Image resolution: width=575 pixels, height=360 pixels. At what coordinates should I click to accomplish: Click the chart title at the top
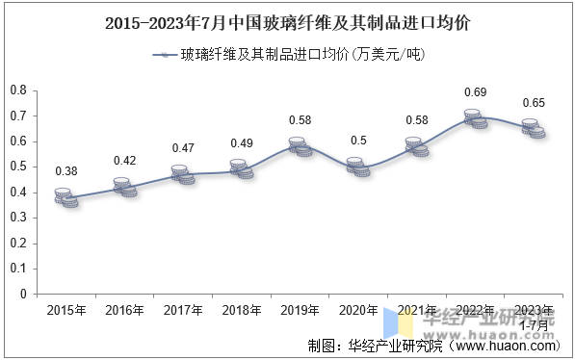(288, 20)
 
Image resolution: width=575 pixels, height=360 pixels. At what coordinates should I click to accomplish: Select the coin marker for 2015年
(66, 197)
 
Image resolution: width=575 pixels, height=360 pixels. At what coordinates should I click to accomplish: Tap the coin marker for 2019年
(301, 147)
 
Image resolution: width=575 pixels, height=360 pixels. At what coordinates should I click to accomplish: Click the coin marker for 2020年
(358, 167)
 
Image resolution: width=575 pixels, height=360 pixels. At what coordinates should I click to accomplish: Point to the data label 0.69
(476, 92)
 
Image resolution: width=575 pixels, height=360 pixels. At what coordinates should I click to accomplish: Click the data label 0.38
(66, 171)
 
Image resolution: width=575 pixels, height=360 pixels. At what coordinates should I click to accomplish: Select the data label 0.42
(125, 161)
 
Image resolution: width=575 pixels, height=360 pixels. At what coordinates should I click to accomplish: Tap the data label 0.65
(534, 102)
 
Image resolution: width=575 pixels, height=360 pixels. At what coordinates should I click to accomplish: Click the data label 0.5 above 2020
(358, 141)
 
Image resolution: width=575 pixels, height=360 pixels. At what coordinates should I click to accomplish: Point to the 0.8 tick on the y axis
(18, 90)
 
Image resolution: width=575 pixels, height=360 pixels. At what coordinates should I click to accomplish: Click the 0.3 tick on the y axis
(18, 218)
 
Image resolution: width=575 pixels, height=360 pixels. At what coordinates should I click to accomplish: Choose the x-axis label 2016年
(125, 311)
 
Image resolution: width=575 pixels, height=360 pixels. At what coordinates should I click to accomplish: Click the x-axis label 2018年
(242, 311)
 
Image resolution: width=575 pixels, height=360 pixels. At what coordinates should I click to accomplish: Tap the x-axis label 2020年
(358, 311)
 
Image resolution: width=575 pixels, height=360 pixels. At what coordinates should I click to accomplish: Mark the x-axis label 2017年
(183, 311)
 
